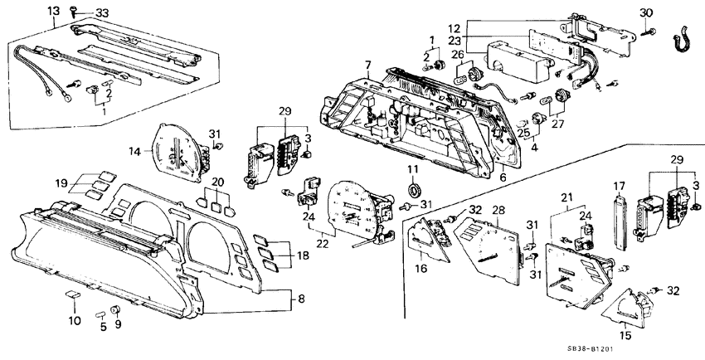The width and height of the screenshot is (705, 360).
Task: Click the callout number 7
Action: pyautogui.click(x=367, y=65)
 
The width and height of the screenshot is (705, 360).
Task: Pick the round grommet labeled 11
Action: pyautogui.click(x=412, y=185)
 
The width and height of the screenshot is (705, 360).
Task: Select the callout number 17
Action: pyautogui.click(x=618, y=185)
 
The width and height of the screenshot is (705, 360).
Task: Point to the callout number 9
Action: pyautogui.click(x=117, y=324)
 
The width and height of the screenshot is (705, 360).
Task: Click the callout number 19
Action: pyautogui.click(x=61, y=182)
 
